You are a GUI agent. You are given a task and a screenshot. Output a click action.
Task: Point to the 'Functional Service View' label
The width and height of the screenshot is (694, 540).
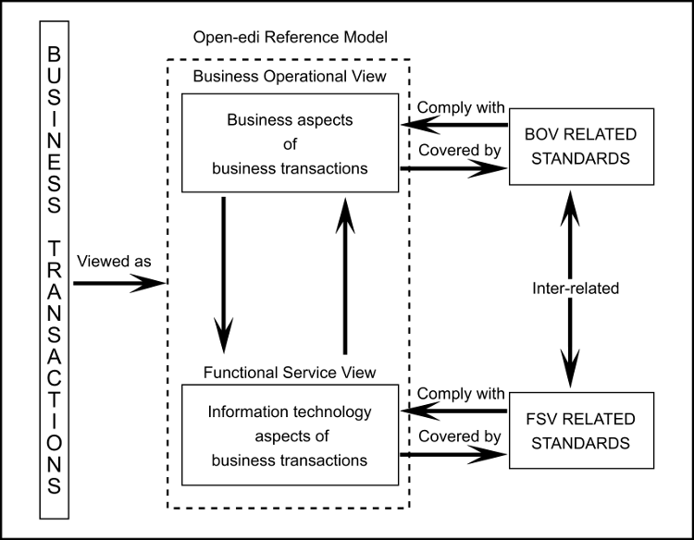coord(289,372)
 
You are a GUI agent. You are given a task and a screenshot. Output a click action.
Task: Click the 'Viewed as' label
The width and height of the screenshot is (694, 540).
coord(116,262)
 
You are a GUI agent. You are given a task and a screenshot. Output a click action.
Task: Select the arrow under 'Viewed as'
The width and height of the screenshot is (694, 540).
coord(118,284)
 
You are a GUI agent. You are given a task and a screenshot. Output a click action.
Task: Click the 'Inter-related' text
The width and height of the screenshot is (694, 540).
coord(576,288)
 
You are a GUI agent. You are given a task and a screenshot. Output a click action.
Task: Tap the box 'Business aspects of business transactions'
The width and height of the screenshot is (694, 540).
coord(289,144)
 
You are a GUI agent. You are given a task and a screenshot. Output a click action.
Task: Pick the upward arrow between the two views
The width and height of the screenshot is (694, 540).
coord(345,278)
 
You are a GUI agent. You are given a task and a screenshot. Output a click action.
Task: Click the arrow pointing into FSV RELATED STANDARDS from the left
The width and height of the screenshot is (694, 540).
coord(453,454)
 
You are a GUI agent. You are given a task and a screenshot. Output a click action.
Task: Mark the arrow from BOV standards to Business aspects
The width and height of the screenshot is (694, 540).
coord(453,126)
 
